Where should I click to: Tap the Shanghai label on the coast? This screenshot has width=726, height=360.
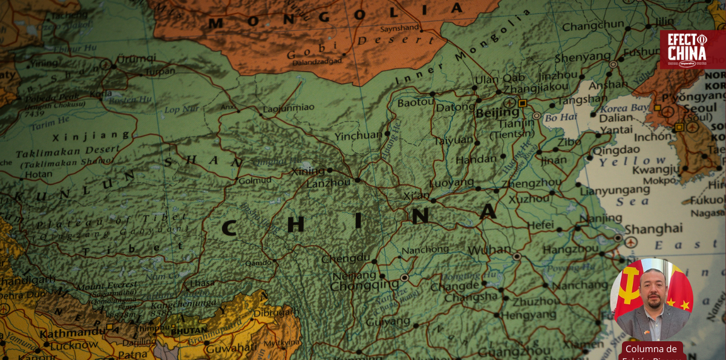[x=653, y=229]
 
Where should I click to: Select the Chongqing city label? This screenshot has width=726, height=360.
[x=364, y=285]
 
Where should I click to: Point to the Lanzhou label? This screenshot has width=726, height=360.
[x=329, y=182]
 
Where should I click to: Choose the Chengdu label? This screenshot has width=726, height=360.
[x=345, y=258]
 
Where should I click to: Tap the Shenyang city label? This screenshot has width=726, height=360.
[x=583, y=57]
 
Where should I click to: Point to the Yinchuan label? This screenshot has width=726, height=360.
[x=358, y=136]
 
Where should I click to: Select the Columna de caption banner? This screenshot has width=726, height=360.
[x=651, y=350]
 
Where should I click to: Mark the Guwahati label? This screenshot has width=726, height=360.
[x=229, y=349]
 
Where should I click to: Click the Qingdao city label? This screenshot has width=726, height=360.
[x=620, y=149]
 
